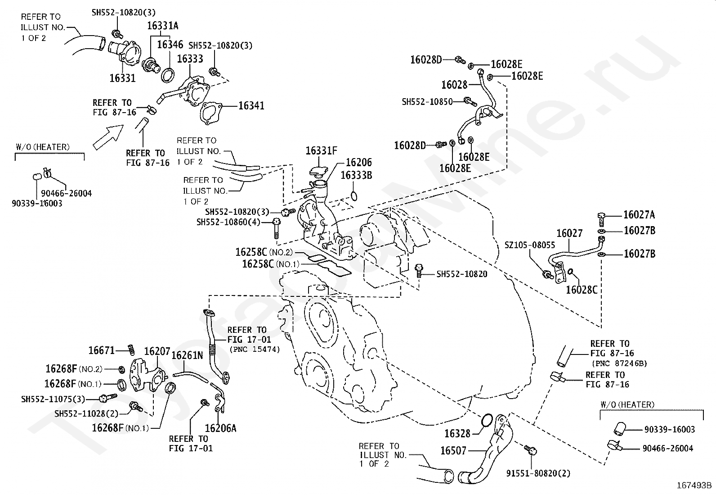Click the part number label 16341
coord(251,106)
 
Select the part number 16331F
coord(321,151)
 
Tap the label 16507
coord(453,450)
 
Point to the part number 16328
coord(457,433)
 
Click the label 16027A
coord(639,215)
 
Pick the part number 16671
coord(102,350)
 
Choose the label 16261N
coord(188,355)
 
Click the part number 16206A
coord(220,428)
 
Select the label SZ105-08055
coord(530,245)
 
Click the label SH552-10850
coord(427,102)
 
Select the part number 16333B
coord(356,175)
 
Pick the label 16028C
coord(581,290)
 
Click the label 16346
coord(170,44)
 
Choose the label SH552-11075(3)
coord(53,399)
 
